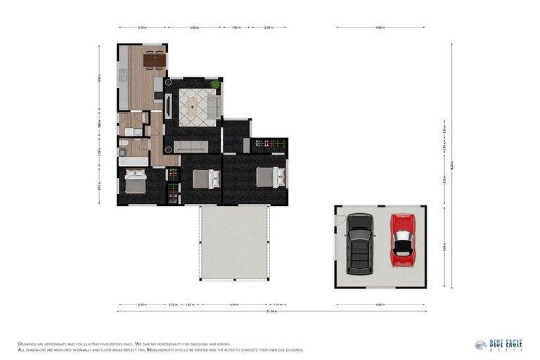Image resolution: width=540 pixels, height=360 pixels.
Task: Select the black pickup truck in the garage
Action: point(360,243)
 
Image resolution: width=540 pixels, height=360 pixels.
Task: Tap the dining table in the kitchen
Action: point(153,60)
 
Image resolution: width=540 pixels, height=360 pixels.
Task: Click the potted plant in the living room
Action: point(215,84)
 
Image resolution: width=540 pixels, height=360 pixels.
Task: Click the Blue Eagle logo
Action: point(495,345)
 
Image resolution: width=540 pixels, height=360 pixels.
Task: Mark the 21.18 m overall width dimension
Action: point(271,311)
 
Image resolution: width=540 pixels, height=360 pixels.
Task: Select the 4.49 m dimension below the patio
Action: point(233,304)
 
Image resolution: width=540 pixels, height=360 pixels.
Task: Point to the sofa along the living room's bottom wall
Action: point(191,146)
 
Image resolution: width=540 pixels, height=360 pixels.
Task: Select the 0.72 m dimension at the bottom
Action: point(172,304)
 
